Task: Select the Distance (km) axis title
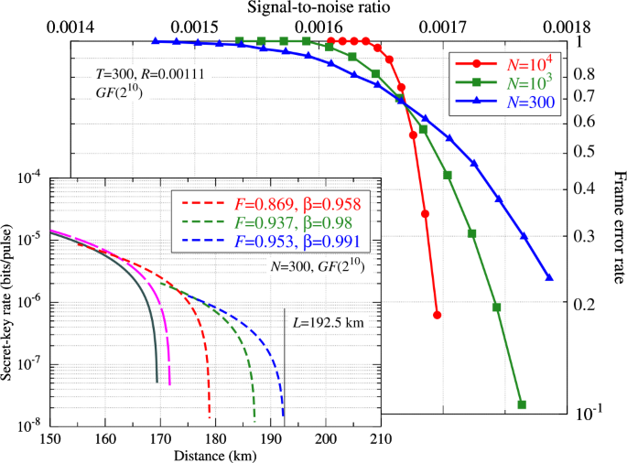click(x=216, y=455)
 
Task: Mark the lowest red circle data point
click(x=438, y=314)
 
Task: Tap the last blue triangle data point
click(x=549, y=277)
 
